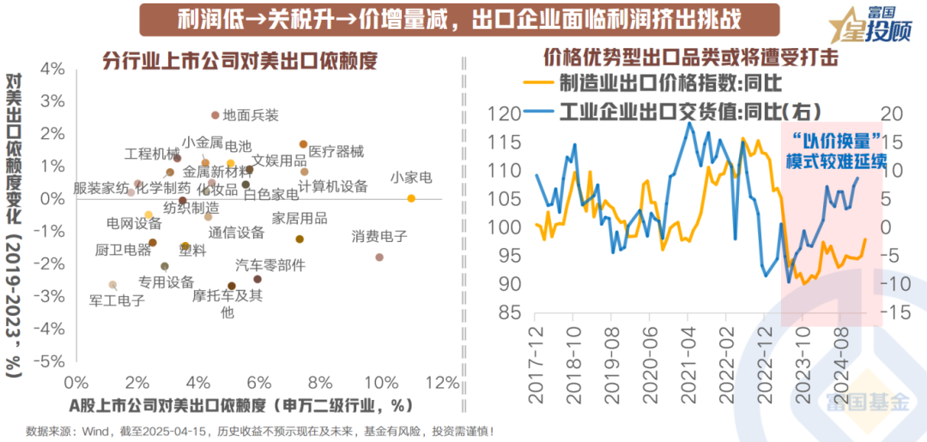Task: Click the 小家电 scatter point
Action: (x=411, y=198)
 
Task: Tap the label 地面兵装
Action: (x=251, y=114)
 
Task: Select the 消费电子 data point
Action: (x=379, y=257)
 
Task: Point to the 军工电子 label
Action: (x=118, y=300)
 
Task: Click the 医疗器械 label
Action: (x=336, y=152)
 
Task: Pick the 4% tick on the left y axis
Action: (x=53, y=69)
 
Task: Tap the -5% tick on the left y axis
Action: (x=51, y=361)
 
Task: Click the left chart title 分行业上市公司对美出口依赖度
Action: (x=240, y=60)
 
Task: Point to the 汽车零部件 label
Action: (x=270, y=265)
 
